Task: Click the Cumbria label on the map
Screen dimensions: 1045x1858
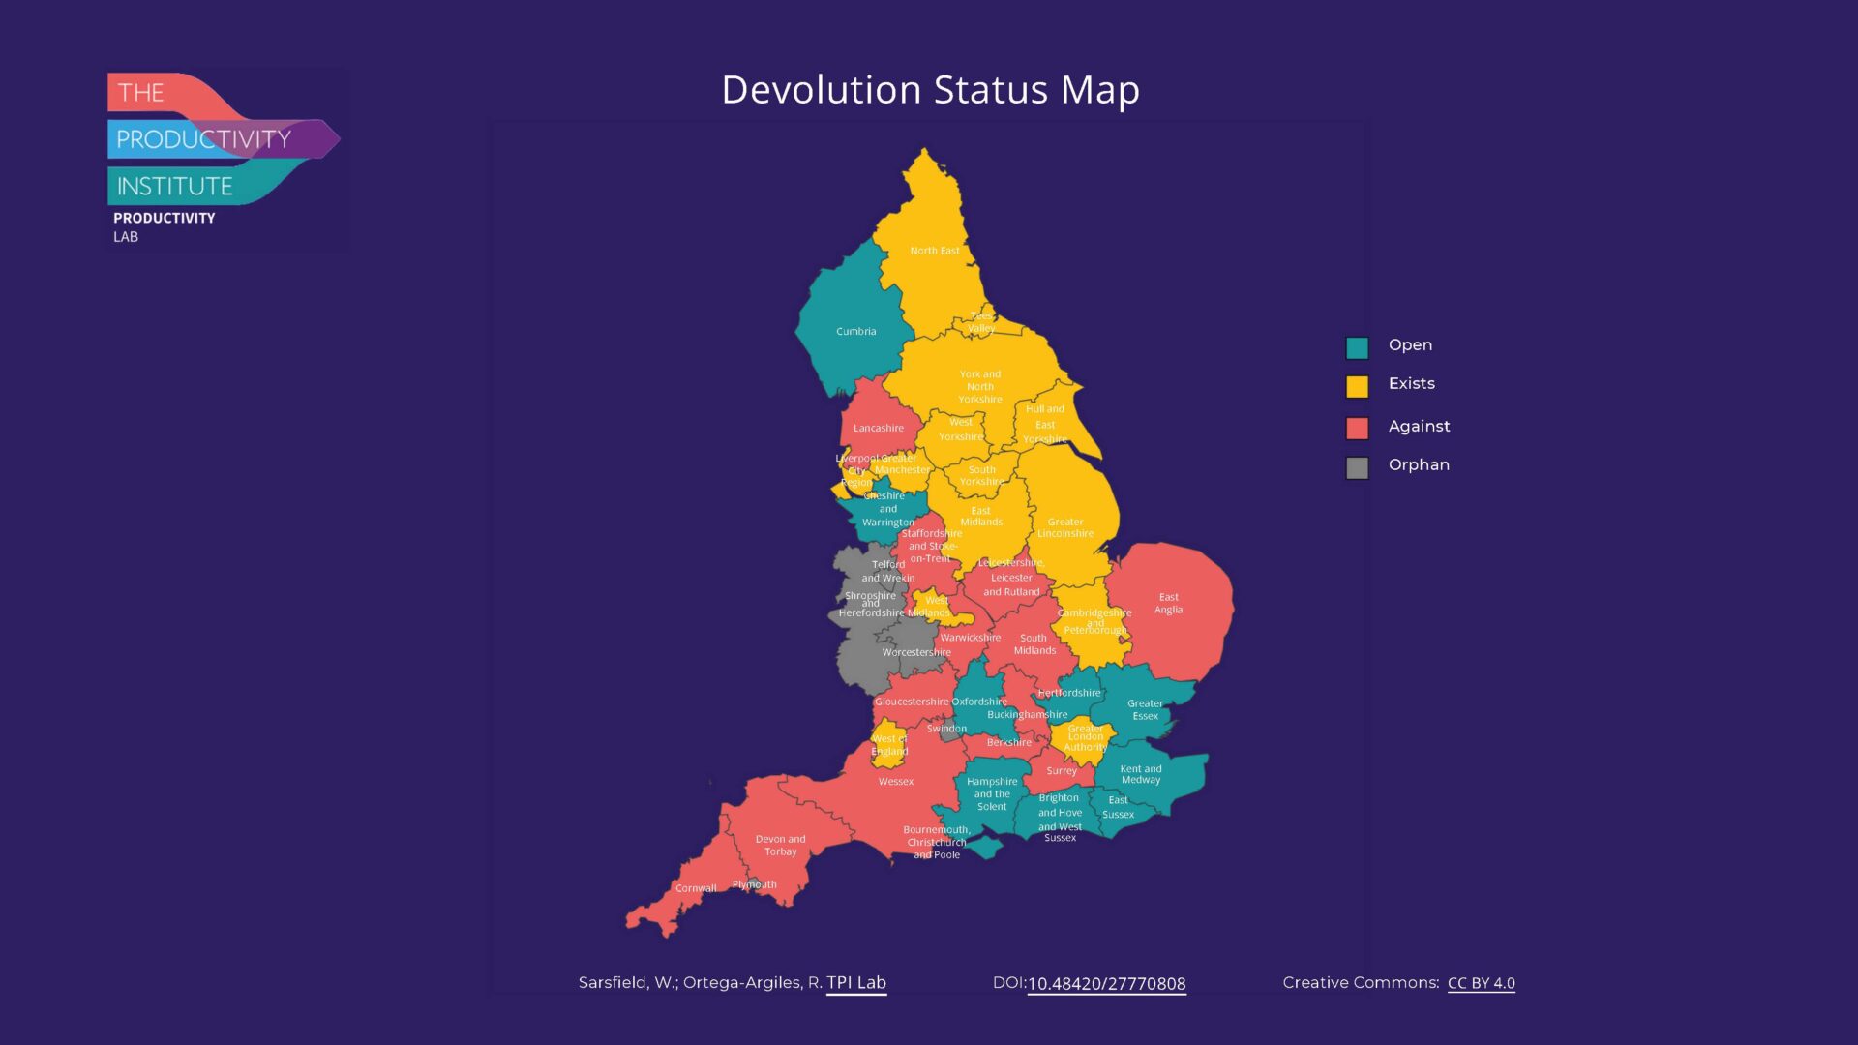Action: click(855, 331)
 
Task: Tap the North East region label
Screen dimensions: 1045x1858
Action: click(934, 251)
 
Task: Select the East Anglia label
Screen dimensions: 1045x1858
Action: click(1168, 604)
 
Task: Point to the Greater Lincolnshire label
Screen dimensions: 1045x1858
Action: click(1064, 527)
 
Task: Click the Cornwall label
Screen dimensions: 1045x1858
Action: click(696, 888)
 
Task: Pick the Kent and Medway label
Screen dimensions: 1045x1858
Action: click(1140, 774)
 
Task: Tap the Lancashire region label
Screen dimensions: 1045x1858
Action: click(878, 428)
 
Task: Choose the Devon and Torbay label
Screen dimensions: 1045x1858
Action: click(780, 846)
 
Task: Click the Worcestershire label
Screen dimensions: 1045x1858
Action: click(915, 652)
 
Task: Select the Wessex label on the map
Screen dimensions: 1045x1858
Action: click(895, 782)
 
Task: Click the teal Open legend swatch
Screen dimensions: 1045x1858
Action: click(1357, 347)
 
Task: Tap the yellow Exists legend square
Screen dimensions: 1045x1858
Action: click(1357, 386)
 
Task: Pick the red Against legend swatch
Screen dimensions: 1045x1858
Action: click(1357, 428)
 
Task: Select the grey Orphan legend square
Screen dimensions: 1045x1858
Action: click(1357, 467)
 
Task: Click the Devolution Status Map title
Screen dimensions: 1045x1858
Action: click(930, 90)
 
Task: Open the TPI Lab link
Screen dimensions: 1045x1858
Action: click(855, 982)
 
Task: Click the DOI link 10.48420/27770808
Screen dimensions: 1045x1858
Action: click(1106, 984)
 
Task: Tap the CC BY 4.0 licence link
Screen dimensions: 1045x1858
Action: click(1481, 983)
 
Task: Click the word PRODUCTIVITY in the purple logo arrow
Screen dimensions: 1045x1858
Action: click(203, 139)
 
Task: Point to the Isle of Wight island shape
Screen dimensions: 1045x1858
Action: click(986, 848)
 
